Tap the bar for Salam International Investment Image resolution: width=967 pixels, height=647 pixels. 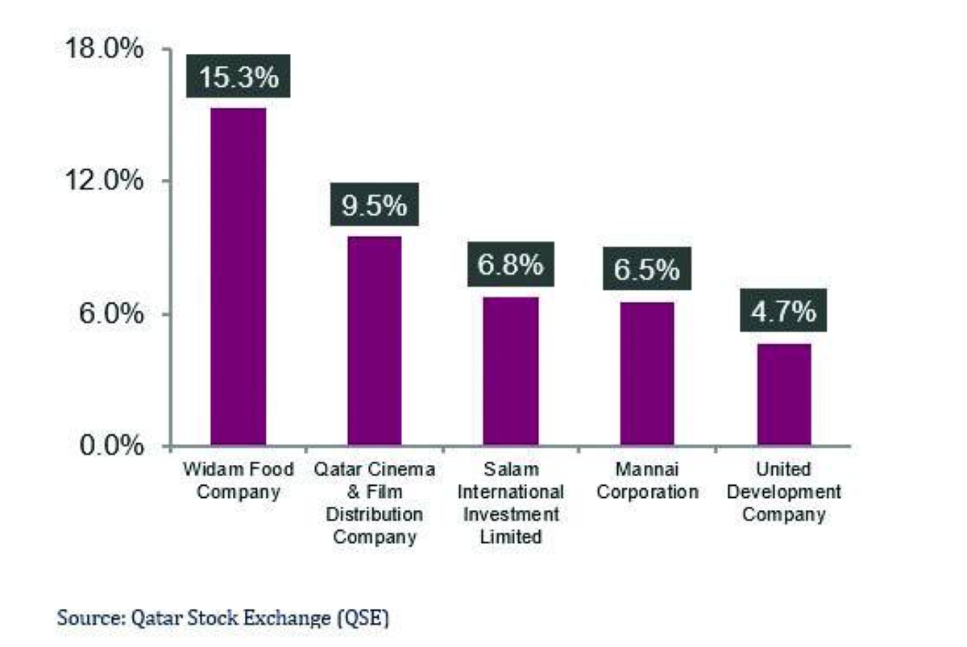[x=511, y=371]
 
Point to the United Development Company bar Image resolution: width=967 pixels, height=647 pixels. [x=783, y=394]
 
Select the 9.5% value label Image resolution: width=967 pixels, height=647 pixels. [x=374, y=205]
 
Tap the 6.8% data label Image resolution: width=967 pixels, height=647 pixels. [x=510, y=266]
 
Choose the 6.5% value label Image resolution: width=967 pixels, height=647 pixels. [x=646, y=270]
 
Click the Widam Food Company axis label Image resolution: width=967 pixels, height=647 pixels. [x=238, y=480]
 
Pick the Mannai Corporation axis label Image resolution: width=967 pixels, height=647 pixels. [x=647, y=480]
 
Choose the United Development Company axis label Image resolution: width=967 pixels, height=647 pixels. [x=783, y=491]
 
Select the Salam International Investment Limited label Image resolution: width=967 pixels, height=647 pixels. [x=511, y=503]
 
